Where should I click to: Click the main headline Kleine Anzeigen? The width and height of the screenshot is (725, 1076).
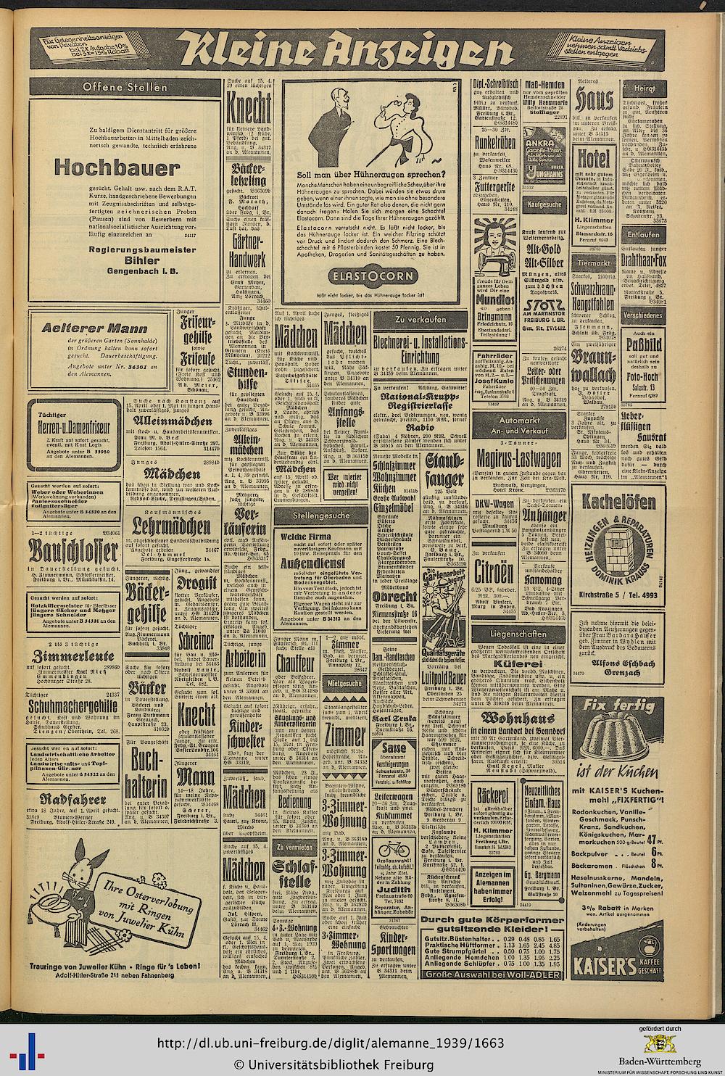pos(346,53)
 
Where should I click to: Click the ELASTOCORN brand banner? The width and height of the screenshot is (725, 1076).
pos(371,276)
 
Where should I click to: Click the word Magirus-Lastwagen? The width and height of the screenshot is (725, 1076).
pos(521,458)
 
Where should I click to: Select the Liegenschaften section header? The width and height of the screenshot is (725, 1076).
pos(521,633)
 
